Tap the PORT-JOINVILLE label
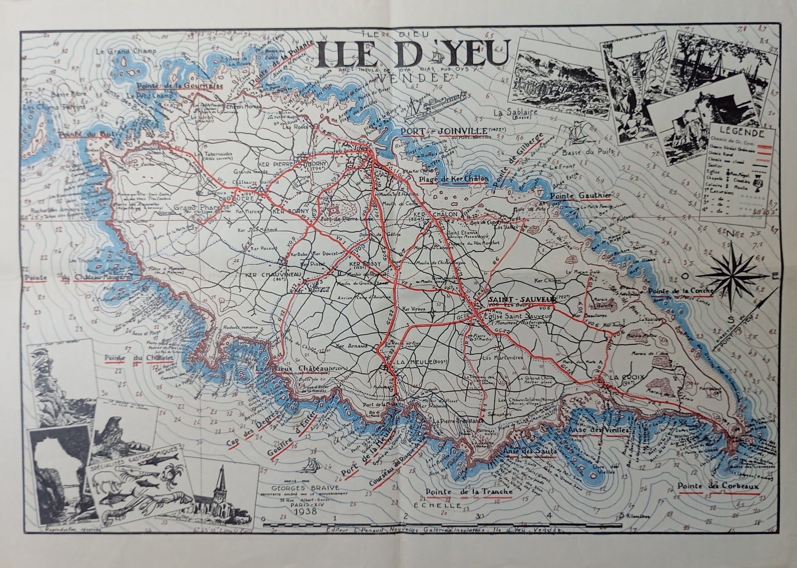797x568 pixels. click(x=444, y=131)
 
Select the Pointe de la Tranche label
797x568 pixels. click(x=469, y=491)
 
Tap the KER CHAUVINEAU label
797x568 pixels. click(x=273, y=274)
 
